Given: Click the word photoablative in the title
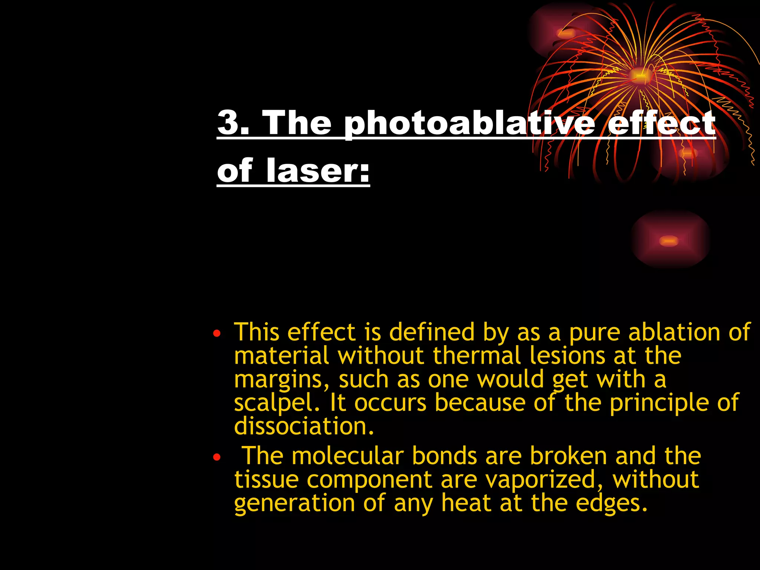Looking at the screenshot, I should pyautogui.click(x=469, y=123).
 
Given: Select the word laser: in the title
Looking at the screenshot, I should pyautogui.click(x=318, y=171).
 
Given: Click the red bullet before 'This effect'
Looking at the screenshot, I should pyautogui.click(x=217, y=333).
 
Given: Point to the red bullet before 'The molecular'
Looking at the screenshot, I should pyautogui.click(x=217, y=457).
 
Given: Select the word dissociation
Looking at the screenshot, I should pyautogui.click(x=304, y=426).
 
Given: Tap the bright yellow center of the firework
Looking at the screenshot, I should pyautogui.click(x=639, y=75).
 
